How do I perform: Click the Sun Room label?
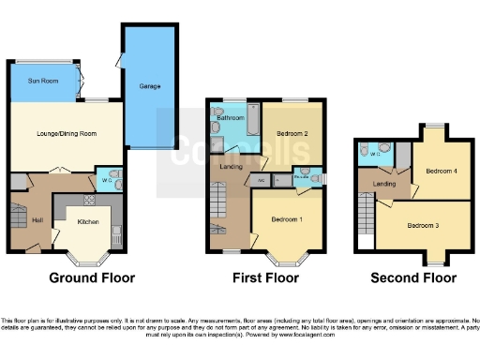[43, 82]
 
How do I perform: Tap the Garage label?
[149, 84]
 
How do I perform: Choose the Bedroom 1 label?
[287, 218]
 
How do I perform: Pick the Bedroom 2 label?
[292, 133]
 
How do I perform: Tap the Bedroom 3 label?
[424, 224]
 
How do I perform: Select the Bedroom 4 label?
[441, 171]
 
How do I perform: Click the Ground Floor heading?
[91, 278]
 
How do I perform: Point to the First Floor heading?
[266, 278]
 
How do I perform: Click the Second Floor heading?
[413, 278]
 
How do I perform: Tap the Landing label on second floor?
[384, 184]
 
